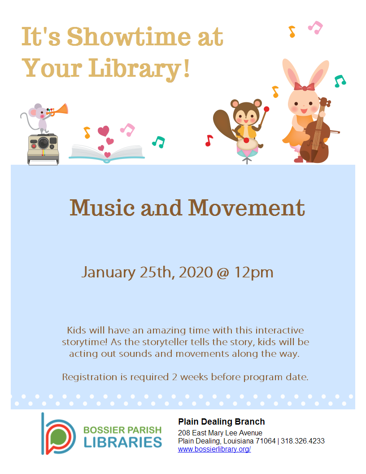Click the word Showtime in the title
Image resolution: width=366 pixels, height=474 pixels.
122,37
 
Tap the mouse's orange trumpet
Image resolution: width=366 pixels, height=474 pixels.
61,109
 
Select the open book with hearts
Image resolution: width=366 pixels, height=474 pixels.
107,151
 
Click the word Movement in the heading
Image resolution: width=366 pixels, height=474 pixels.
246,208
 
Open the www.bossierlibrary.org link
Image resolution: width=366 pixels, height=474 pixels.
214,449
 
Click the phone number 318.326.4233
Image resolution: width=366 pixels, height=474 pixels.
302,441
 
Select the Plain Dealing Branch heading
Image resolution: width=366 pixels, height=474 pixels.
221,422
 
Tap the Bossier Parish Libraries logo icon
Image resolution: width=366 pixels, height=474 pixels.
58,434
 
